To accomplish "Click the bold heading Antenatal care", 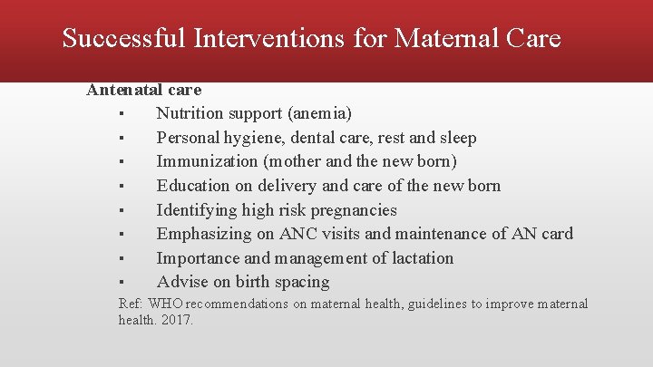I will [143, 90].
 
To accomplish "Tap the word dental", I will [329, 138].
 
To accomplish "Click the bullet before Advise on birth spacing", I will [121, 283].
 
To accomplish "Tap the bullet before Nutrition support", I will [121, 114].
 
